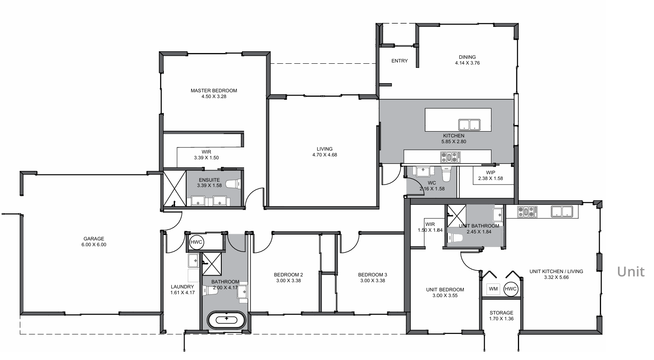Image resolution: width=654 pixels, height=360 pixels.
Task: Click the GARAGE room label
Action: [94, 238]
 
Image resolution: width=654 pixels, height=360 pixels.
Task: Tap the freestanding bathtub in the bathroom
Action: [227, 320]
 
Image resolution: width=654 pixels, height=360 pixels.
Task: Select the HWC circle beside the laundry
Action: [196, 242]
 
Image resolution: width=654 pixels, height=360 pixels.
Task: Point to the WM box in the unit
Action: [493, 289]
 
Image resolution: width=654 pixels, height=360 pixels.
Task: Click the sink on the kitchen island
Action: [469, 125]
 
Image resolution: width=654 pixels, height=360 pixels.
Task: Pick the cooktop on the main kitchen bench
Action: [450, 157]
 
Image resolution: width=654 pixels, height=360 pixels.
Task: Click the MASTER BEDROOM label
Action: [214, 91]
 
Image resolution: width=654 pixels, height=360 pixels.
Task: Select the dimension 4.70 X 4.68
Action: [325, 155]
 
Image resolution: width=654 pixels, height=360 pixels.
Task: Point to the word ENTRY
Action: [400, 61]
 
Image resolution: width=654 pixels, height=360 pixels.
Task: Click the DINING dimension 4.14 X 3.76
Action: [467, 63]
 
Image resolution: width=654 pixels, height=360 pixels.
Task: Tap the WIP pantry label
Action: [491, 173]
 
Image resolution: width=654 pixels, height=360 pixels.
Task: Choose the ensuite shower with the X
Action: [174, 188]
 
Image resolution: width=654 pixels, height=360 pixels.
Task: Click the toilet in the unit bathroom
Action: [455, 238]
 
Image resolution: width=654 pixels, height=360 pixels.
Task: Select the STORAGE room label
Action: [501, 313]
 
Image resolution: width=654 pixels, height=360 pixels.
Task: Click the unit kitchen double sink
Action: [562, 212]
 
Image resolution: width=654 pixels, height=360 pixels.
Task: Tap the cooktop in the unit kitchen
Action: [527, 212]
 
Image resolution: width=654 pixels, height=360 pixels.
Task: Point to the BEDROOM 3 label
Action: [373, 275]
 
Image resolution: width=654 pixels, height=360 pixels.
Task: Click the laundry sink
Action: [193, 261]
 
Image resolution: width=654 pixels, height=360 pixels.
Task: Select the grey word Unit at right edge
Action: [631, 272]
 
